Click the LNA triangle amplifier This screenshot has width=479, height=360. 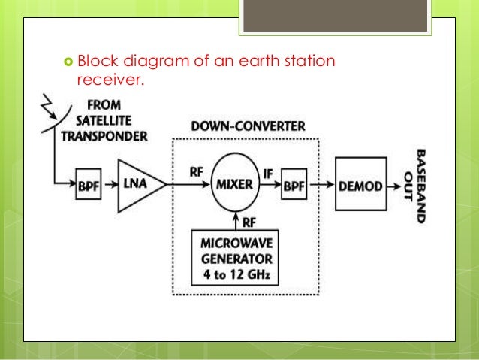pos(137,185)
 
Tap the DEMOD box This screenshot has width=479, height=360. pos(361,184)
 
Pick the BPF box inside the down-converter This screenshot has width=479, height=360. pos(294,185)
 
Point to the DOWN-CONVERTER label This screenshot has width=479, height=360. pos(249,126)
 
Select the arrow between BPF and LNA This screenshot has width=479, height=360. pos(107,185)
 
